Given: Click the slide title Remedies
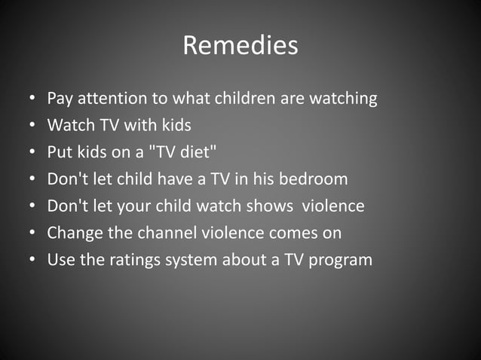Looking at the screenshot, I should [x=240, y=46].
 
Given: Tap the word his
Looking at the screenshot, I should [x=268, y=179].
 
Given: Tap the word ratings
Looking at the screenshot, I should [x=133, y=261].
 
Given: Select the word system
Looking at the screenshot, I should [x=191, y=261].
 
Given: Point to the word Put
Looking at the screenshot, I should [x=59, y=152].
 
